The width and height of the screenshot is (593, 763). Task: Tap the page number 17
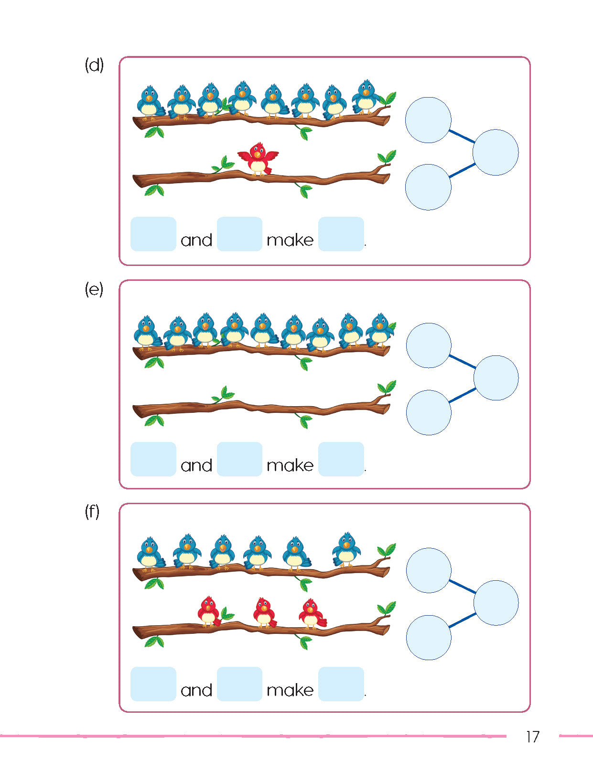(x=532, y=737)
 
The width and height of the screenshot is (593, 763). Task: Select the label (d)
(x=94, y=65)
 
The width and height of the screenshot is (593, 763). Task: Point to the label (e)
(x=94, y=289)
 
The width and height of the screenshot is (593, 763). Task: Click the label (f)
(x=92, y=512)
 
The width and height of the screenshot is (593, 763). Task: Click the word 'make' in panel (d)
(x=290, y=240)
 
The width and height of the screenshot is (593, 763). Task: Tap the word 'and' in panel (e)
(x=196, y=465)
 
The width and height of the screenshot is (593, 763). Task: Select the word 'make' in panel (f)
(x=290, y=690)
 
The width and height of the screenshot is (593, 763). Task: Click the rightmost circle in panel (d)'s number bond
(x=496, y=152)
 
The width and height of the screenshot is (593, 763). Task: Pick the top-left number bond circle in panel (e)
(x=429, y=345)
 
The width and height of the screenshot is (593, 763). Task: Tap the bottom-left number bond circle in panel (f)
(x=429, y=637)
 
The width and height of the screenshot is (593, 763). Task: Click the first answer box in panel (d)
(x=153, y=234)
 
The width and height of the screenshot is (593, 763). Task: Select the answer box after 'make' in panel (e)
(x=341, y=459)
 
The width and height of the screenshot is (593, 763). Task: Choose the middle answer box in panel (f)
(x=239, y=684)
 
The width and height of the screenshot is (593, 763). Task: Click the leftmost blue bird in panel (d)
(x=150, y=101)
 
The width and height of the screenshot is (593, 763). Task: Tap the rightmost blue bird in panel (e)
(x=380, y=330)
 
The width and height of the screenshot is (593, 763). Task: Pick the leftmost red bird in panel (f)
(x=209, y=611)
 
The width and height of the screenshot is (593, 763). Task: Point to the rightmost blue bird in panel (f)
(x=346, y=549)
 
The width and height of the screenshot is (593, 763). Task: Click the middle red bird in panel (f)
(x=264, y=613)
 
